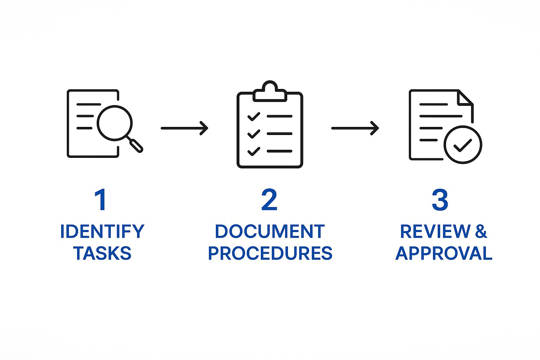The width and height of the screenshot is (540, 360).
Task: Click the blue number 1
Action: click(x=101, y=200)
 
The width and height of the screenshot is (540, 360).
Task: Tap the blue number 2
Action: click(x=269, y=200)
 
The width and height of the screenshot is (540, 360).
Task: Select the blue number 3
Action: click(x=440, y=200)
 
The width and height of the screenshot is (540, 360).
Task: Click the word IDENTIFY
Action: click(x=102, y=231)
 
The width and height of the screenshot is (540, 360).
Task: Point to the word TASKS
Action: click(x=102, y=253)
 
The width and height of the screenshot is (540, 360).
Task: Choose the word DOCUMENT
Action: click(x=270, y=231)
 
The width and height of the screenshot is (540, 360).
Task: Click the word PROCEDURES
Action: click(x=270, y=253)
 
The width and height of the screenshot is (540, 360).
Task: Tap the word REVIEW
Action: click(x=435, y=231)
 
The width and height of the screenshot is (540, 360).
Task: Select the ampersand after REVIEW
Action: click(x=481, y=231)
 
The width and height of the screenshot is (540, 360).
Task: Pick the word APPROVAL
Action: click(x=444, y=253)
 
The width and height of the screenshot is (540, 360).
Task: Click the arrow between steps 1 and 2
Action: click(x=185, y=128)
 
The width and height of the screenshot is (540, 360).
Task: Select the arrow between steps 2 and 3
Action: click(x=355, y=128)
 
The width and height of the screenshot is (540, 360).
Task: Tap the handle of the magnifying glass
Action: click(x=136, y=145)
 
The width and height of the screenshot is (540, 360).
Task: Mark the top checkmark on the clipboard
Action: click(x=253, y=116)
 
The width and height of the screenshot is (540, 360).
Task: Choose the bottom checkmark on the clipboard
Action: click(x=253, y=151)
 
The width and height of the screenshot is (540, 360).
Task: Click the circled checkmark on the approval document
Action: click(x=463, y=144)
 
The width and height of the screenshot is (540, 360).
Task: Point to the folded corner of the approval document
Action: click(x=465, y=97)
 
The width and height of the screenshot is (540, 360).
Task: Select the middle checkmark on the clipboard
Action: click(x=253, y=134)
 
